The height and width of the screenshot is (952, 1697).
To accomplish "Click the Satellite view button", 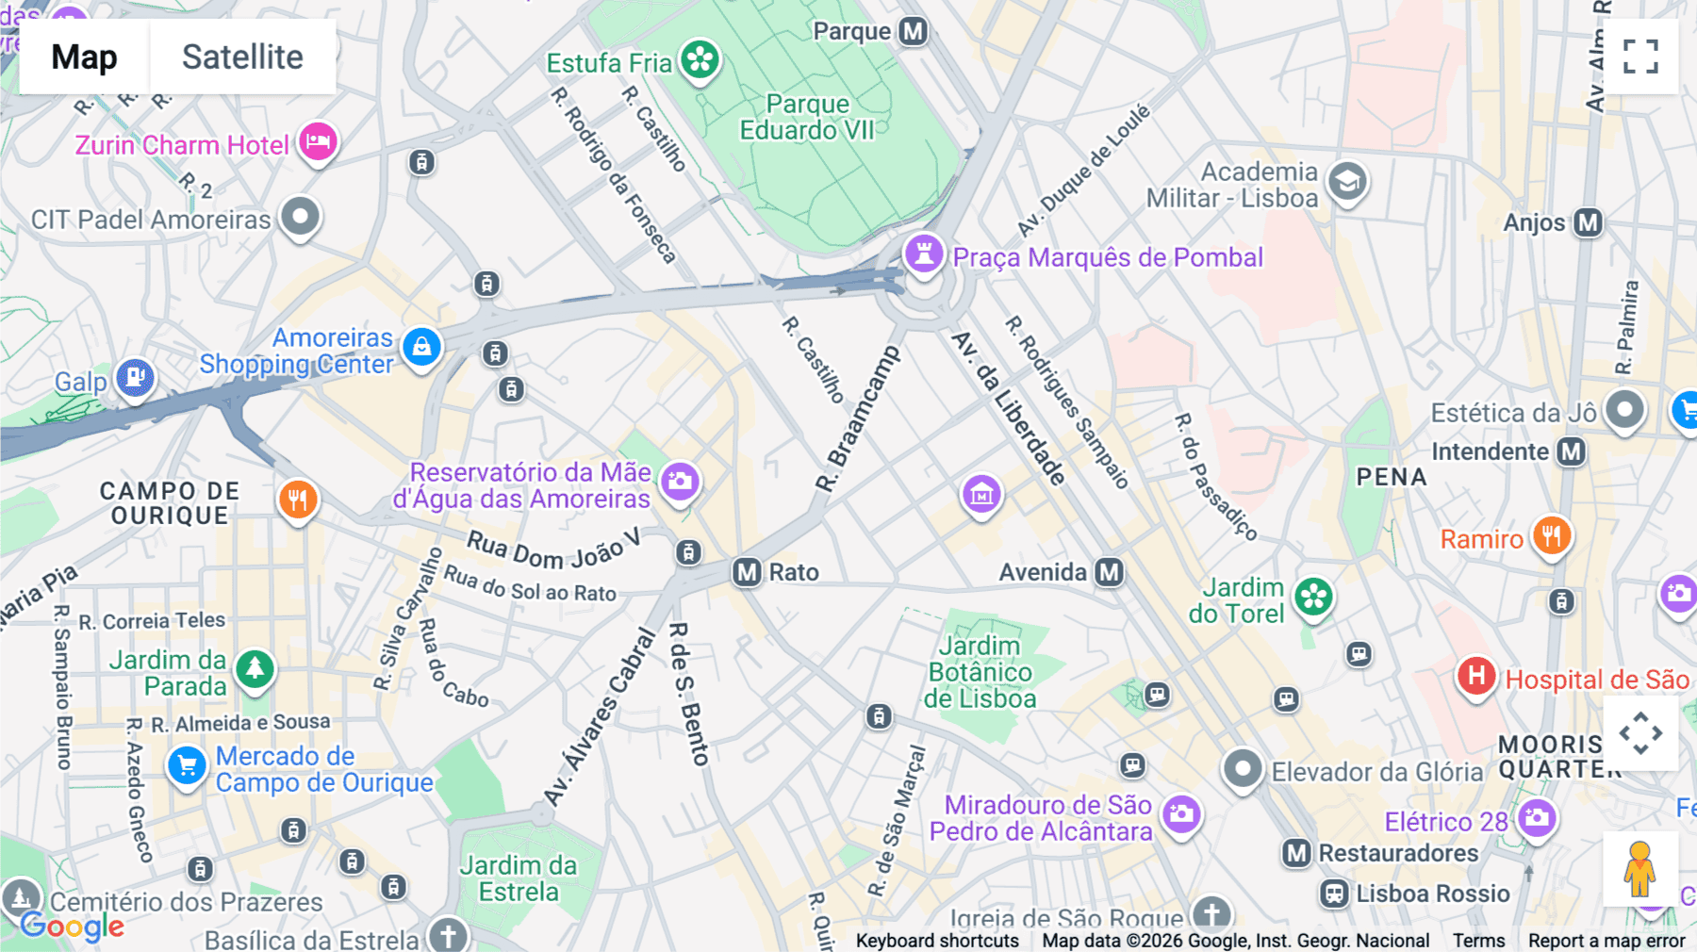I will coord(242,57).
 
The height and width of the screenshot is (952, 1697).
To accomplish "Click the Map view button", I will coord(84,57).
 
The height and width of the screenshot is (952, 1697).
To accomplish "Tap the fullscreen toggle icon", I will coord(1640,57).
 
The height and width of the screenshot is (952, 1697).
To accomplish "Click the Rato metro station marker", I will coord(748,572).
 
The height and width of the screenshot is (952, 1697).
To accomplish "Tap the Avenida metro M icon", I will coord(1110,572).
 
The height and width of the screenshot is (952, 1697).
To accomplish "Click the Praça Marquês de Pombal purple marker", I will coord(924,254).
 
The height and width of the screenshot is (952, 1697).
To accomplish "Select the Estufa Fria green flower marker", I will coord(700,60).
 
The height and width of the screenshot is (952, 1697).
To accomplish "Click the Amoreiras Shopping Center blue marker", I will coord(421,347).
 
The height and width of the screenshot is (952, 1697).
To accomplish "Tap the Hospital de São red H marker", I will coord(1476,676).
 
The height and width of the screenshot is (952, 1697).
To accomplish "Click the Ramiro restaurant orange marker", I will coord(1551,536).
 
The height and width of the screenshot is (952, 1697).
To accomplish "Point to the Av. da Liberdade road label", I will coord(1009,408).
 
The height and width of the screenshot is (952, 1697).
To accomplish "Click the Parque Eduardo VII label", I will coord(807,117).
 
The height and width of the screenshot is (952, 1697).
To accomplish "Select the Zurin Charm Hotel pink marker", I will coord(319,142).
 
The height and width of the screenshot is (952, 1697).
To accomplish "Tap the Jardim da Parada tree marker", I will coord(255,669).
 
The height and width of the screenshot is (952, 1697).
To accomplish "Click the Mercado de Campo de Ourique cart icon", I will coord(187,765).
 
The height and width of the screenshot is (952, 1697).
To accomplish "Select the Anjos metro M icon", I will coord(1589,223).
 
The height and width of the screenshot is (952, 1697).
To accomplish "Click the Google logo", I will coord(73,927).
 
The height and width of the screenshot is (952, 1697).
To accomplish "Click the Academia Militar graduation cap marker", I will coord(1347,181).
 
